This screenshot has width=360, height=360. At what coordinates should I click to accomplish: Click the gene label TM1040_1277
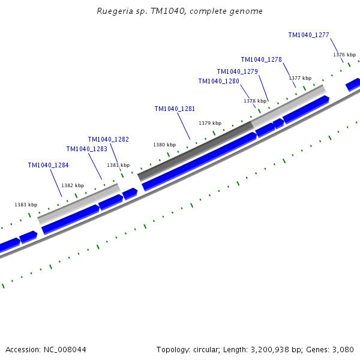[x=308, y=35]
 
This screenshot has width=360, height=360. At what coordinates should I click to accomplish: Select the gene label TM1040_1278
[x=261, y=59]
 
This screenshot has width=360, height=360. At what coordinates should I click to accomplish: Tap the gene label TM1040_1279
[x=237, y=71]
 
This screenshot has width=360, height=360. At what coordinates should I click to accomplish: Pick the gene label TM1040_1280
[x=218, y=81]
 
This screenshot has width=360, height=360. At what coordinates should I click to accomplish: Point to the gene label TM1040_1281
[x=175, y=109]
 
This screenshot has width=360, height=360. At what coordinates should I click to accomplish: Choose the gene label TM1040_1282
[x=108, y=139]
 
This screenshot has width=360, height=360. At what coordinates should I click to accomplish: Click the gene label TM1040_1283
[x=86, y=149]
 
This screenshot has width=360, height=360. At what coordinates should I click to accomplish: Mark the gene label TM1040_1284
[x=48, y=165]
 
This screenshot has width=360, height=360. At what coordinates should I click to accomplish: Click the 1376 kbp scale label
[x=344, y=55]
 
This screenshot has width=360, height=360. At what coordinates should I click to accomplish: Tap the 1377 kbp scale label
[x=300, y=78]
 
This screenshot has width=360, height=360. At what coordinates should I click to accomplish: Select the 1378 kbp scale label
[x=254, y=101]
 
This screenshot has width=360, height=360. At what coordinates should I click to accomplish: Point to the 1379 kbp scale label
[x=210, y=123]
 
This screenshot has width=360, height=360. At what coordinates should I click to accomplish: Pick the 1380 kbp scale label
[x=164, y=145]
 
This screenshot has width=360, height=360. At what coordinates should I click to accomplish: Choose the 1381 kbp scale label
[x=118, y=165]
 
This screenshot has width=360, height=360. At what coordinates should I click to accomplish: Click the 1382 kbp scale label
[x=73, y=185]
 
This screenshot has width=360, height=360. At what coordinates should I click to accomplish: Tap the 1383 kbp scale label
[x=26, y=205]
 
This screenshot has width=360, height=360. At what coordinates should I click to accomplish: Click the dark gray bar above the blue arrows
[x=196, y=151]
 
